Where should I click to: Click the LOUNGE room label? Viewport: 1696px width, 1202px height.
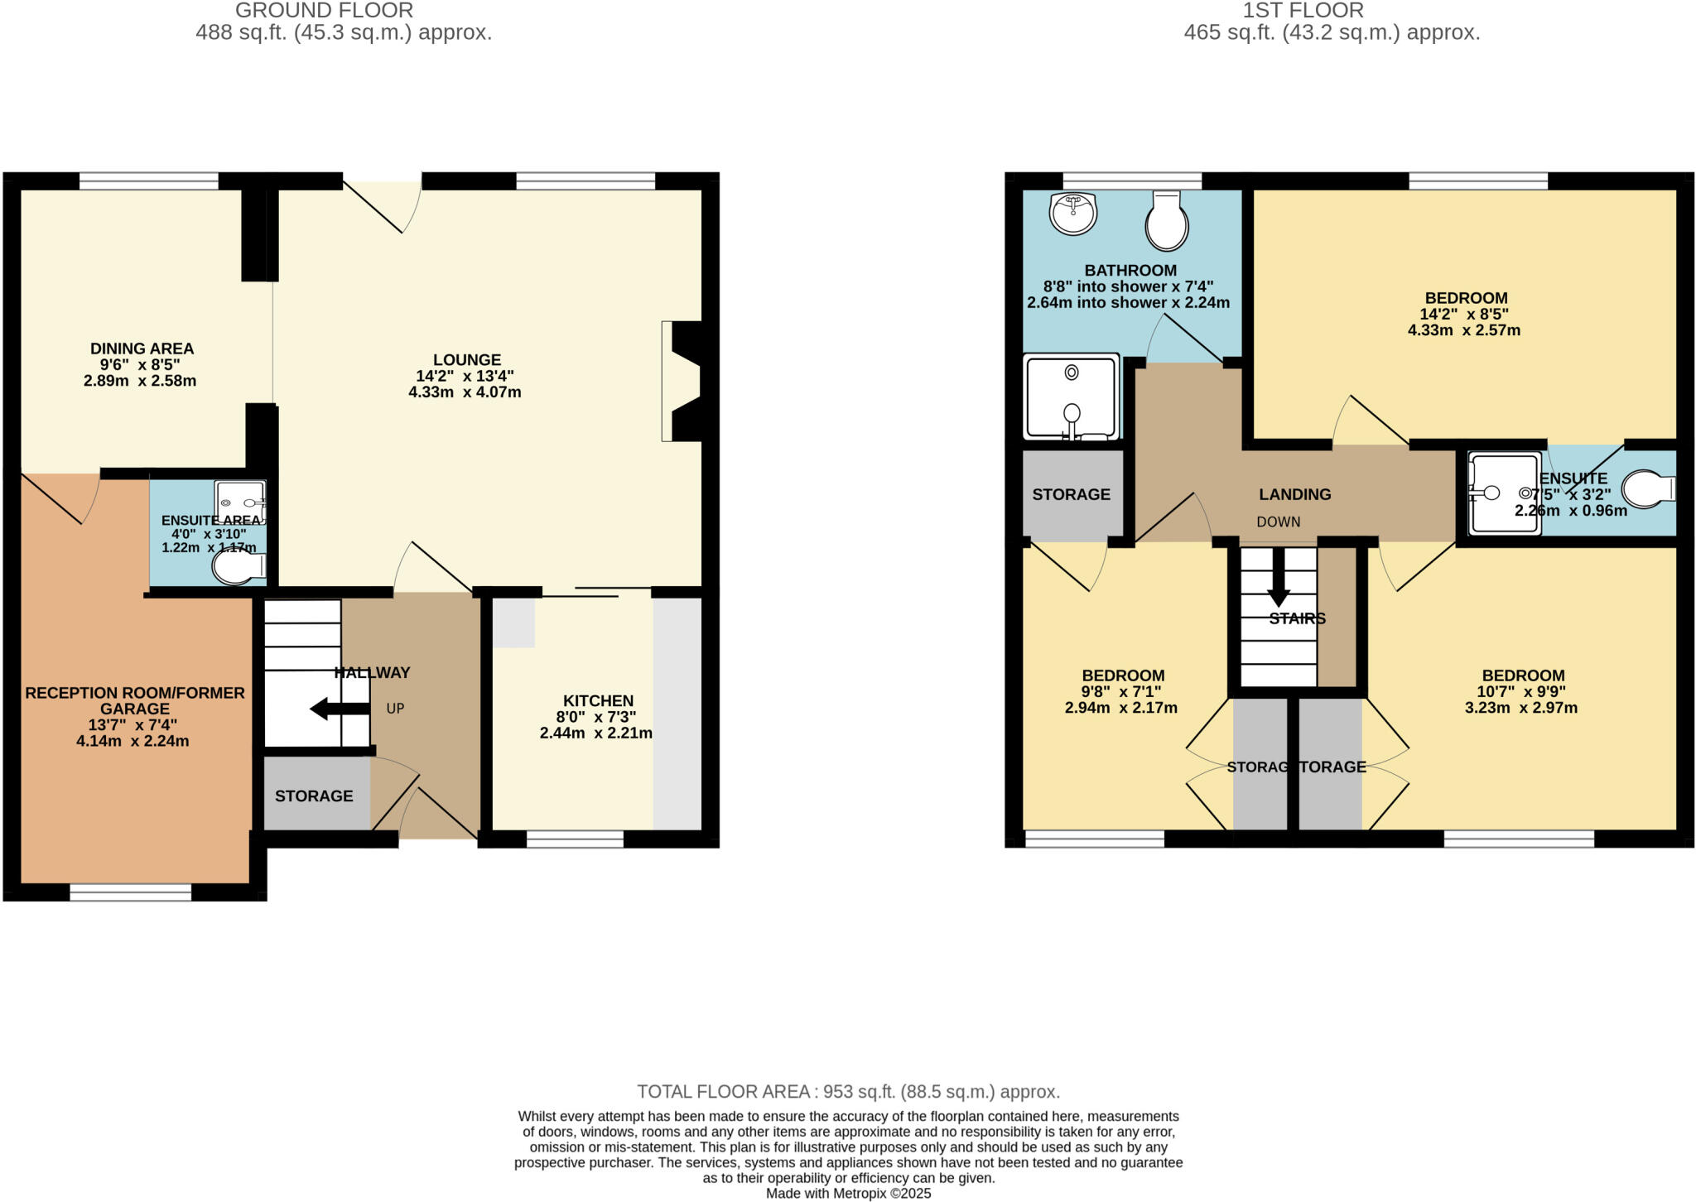tap(467, 360)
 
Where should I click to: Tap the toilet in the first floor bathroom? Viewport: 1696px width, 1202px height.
tap(1167, 221)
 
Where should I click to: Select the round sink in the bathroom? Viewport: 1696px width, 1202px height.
tap(1073, 214)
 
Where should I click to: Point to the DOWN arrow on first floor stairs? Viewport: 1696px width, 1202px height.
tap(1279, 579)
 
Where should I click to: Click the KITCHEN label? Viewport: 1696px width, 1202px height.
tap(598, 701)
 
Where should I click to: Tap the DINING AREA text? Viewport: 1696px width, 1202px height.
tap(142, 349)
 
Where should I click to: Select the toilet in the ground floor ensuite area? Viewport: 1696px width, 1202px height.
tap(238, 568)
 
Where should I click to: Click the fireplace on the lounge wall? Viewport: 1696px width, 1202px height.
tap(683, 382)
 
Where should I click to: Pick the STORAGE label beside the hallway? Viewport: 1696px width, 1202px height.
tap(314, 796)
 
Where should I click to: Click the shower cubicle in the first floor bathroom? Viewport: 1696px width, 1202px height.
tap(1072, 398)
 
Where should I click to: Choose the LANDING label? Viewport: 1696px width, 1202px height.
tap(1295, 495)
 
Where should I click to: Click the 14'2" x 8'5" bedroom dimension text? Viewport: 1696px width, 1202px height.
tap(1463, 315)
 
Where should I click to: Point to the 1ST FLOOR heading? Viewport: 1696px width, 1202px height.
tap(1303, 11)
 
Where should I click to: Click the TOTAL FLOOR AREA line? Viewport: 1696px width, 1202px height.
tap(848, 1092)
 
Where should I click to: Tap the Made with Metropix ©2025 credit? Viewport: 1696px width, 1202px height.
tap(848, 1194)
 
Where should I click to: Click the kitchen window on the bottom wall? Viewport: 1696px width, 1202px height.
tap(575, 839)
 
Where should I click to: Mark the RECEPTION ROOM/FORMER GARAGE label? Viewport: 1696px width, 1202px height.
tap(135, 700)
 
